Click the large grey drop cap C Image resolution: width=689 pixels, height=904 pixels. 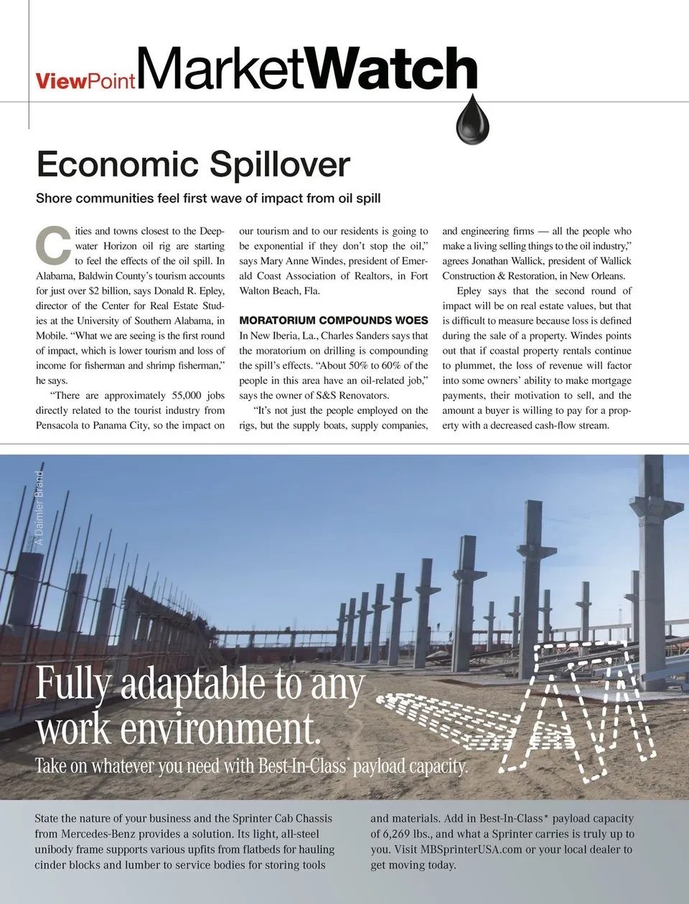[53, 245]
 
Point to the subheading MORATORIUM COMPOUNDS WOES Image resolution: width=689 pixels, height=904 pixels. [333, 321]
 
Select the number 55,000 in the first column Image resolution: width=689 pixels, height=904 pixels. [188, 395]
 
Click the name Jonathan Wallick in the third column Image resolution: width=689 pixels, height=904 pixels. [507, 261]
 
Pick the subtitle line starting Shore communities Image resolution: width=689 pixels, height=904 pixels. [208, 198]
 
